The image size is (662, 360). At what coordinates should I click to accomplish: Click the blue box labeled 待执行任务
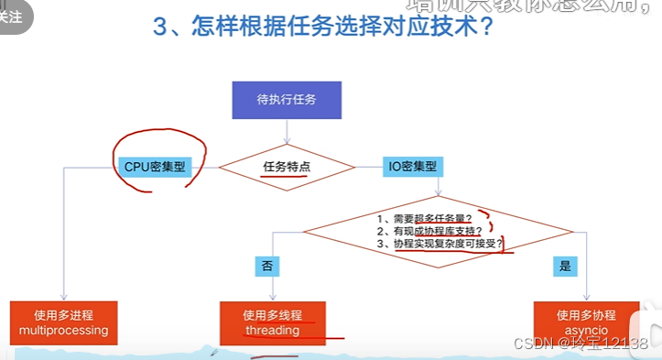287,100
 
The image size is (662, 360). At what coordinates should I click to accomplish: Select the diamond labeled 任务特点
287,168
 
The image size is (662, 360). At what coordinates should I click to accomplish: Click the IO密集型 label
412,167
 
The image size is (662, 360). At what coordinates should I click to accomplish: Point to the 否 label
266,267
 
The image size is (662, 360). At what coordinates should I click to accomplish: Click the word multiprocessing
63,330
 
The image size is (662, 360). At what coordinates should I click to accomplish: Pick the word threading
272,330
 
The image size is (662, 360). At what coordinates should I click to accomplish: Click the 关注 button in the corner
13,16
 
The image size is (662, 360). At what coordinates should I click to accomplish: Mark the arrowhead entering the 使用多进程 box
62,296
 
